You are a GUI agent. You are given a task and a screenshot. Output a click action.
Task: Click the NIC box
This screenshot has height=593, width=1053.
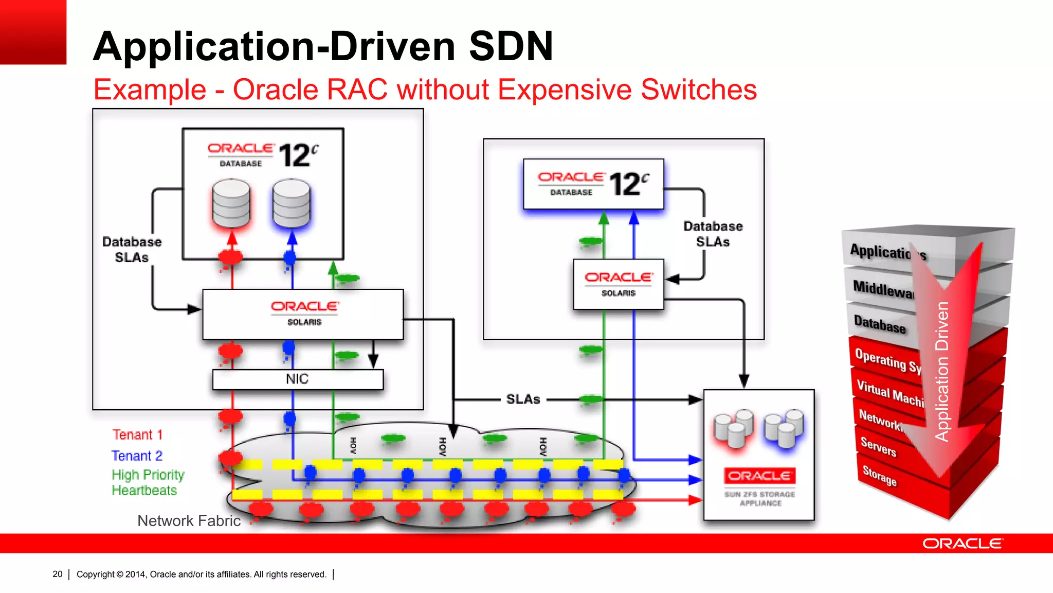tap(298, 379)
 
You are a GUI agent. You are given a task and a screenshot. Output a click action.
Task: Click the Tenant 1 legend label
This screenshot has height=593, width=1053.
tap(137, 435)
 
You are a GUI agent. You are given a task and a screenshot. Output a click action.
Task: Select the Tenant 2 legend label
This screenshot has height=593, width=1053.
tap(137, 456)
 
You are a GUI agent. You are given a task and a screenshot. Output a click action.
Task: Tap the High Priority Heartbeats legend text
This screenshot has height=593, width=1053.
tap(148, 482)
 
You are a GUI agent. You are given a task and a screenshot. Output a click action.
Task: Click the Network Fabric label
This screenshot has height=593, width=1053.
tap(189, 521)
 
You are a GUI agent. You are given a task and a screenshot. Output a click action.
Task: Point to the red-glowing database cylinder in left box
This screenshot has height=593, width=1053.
tap(231, 204)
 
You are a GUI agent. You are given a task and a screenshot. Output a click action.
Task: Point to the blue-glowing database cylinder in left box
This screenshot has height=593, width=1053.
tap(292, 204)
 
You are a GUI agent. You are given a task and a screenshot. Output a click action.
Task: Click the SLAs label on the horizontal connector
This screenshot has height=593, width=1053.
tap(523, 399)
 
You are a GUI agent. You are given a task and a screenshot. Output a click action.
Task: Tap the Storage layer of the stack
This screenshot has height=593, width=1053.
tap(879, 476)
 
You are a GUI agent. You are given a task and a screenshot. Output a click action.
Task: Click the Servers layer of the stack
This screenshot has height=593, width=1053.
tap(878, 446)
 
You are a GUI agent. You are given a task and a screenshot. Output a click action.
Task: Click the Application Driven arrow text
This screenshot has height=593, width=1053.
tap(942, 371)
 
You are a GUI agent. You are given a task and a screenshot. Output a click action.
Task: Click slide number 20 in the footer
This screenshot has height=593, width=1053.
tap(58, 574)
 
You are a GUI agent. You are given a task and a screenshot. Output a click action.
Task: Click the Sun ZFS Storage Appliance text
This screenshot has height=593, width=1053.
tap(760, 498)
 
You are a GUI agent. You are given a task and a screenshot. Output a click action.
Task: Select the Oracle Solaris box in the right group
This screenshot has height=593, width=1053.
tap(619, 284)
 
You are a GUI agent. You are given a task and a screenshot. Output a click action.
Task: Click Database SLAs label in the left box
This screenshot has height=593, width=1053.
tap(132, 250)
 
